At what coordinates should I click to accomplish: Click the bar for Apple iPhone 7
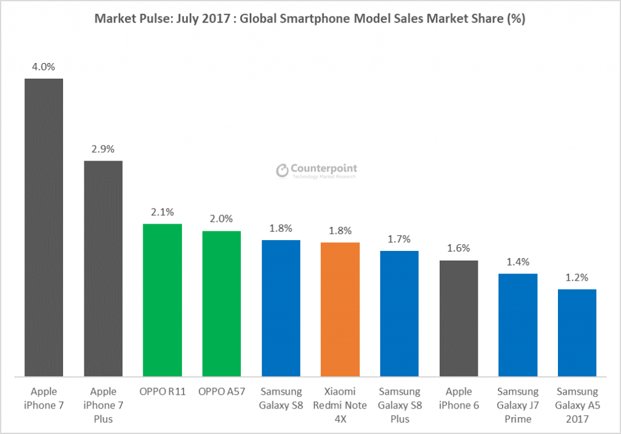[x=44, y=227]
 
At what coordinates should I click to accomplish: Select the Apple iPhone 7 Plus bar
[x=103, y=269]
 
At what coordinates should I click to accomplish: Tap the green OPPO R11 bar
[x=162, y=300]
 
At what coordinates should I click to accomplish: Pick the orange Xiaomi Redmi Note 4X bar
[x=340, y=309]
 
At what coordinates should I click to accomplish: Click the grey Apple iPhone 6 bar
[x=458, y=318]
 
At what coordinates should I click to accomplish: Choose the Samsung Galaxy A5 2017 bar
[x=577, y=333]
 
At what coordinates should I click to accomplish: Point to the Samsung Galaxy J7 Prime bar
[x=518, y=325]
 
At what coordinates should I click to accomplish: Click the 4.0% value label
[x=44, y=67]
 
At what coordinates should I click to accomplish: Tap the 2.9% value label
[x=103, y=149]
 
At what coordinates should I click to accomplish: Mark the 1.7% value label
[x=399, y=239]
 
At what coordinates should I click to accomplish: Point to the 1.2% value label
[x=577, y=278]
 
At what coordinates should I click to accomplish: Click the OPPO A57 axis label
[x=221, y=392]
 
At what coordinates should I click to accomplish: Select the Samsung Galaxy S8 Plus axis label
[x=399, y=405]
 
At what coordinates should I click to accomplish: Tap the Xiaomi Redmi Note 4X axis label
[x=340, y=405]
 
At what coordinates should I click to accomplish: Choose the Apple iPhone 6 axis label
[x=458, y=398]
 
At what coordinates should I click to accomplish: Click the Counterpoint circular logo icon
[x=282, y=171]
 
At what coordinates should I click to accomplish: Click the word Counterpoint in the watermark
[x=325, y=168]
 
